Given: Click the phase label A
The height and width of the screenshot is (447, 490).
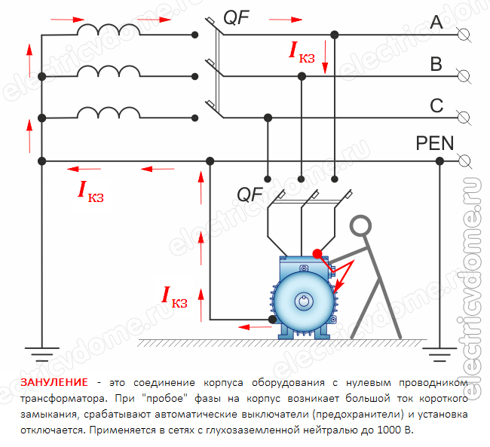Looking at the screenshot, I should coord(436,23).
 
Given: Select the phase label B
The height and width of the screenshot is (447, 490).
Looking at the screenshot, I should coord(436,65).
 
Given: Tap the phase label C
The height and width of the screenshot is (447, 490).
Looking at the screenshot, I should coord(436,106).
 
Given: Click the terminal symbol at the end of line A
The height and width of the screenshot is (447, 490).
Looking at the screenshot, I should coord(464,34).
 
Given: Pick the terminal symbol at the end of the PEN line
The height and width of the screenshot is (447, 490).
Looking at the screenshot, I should coord(464,160).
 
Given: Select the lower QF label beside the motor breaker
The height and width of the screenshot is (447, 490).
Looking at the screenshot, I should coord(250,194).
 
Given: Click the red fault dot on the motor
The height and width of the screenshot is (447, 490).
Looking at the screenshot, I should coord(317,254).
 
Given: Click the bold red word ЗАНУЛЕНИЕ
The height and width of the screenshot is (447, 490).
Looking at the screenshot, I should coord(54,382).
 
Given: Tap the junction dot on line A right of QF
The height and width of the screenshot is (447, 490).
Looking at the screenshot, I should coord(334,34).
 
